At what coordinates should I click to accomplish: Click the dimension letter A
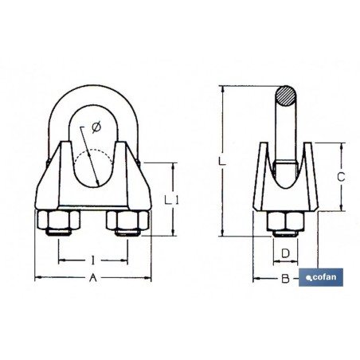point(92,278)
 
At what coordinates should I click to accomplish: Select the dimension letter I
point(92,260)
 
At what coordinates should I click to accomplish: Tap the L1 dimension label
point(171,200)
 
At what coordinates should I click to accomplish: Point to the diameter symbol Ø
point(96,127)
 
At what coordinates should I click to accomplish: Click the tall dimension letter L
point(222,161)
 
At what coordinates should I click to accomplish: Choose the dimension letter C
point(341,177)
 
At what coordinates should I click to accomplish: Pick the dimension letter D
point(285,253)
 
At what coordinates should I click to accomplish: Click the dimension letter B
point(285,279)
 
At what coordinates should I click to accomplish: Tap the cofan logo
point(321,277)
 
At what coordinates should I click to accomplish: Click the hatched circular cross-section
point(285,96)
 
